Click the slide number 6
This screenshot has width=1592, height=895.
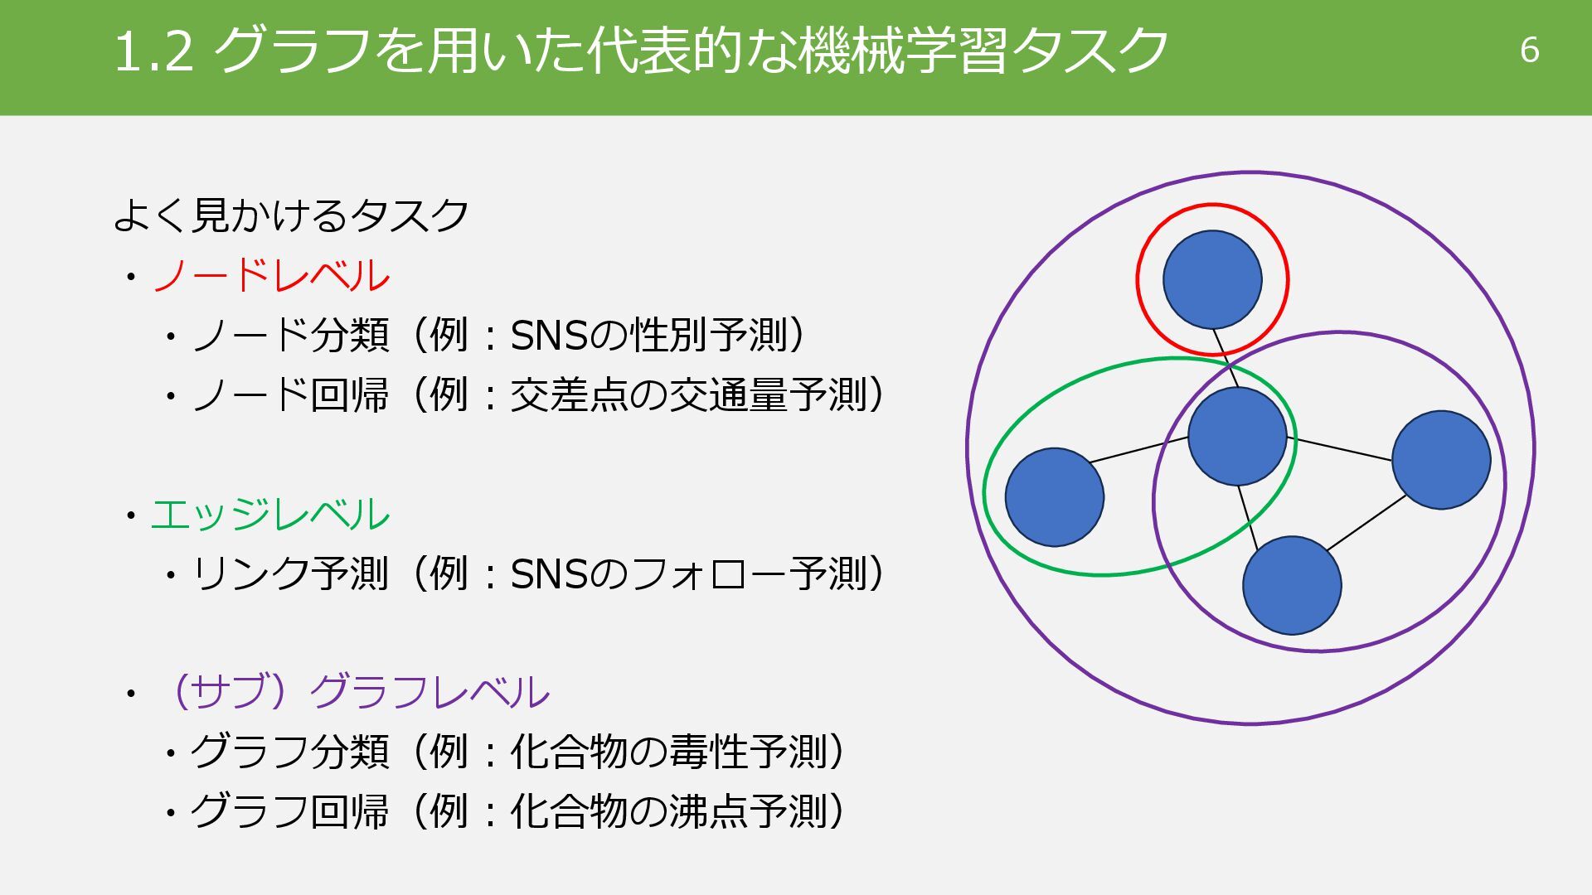pyautogui.click(x=1529, y=51)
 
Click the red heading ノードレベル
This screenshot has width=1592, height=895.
pyautogui.click(x=271, y=276)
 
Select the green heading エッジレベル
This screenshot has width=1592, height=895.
pyautogui.click(x=270, y=515)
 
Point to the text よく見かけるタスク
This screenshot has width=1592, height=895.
pyautogui.click(x=291, y=215)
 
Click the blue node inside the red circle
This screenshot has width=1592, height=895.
pyautogui.click(x=1212, y=279)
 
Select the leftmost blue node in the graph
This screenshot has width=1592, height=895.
pyautogui.click(x=1054, y=497)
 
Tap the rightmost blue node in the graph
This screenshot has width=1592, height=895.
pyautogui.click(x=1441, y=459)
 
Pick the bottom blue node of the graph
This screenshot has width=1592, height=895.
pyautogui.click(x=1292, y=585)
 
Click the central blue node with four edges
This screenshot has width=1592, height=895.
pyautogui.click(x=1237, y=436)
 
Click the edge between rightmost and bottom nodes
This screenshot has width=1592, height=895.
pyautogui.click(x=1366, y=523)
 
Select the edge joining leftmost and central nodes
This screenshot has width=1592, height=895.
pyautogui.click(x=1138, y=449)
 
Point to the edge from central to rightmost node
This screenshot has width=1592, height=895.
pyautogui.click(x=1339, y=448)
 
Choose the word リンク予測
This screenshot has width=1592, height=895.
pyautogui.click(x=290, y=573)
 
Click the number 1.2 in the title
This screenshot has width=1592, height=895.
pyautogui.click(x=153, y=51)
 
